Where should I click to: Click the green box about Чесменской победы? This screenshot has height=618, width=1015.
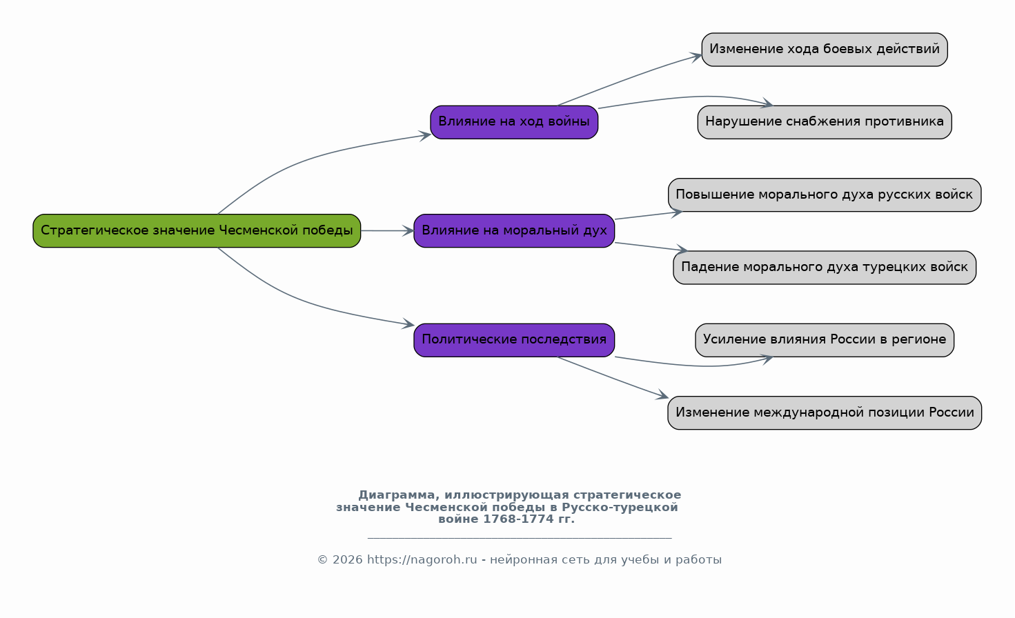click(x=197, y=230)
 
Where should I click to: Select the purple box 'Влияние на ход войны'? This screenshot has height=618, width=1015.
click(x=514, y=122)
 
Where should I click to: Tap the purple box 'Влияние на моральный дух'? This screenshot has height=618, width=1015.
click(x=514, y=230)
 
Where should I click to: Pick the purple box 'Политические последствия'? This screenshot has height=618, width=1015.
click(x=514, y=340)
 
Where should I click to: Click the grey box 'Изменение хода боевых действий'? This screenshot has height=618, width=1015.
click(x=825, y=50)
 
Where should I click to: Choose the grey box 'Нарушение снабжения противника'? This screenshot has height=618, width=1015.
click(x=825, y=122)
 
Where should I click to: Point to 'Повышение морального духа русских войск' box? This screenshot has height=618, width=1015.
click(x=825, y=195)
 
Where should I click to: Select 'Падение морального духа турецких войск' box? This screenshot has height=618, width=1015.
click(x=825, y=268)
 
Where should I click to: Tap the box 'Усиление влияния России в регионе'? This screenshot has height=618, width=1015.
click(x=825, y=340)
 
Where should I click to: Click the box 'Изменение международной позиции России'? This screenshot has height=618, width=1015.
click(x=825, y=412)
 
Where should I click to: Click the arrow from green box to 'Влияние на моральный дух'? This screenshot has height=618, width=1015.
click(x=387, y=230)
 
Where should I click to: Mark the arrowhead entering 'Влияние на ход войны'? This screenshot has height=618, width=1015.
click(x=425, y=135)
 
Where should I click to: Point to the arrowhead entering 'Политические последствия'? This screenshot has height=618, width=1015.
click(x=408, y=323)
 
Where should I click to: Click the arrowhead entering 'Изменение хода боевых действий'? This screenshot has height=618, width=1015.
click(x=696, y=57)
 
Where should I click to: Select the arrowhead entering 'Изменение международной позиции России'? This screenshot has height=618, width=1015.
click(x=662, y=395)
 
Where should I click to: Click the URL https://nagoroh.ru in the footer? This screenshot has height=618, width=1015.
click(x=422, y=560)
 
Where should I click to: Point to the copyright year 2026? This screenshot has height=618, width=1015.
click(x=348, y=560)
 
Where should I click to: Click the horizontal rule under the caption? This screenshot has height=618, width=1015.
click(x=520, y=538)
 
